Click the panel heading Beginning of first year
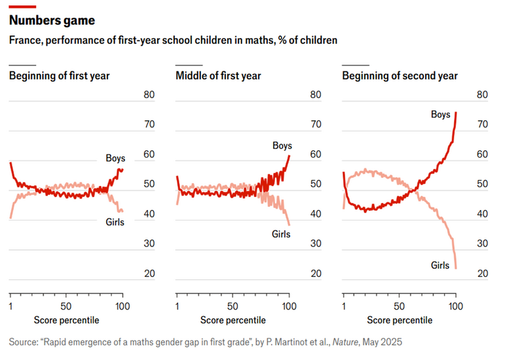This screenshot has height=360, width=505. tap(59, 76)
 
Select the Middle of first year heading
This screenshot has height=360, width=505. tap(218, 76)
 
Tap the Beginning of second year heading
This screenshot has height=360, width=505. tap(400, 76)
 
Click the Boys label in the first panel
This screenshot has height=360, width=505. tap(115, 158)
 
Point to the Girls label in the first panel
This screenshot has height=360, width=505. tap(115, 222)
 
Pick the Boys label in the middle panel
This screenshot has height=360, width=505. tap(282, 145)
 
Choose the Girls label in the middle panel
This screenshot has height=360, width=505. tap(282, 234)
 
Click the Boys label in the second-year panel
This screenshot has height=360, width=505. tap(441, 115)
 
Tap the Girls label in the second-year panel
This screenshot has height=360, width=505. tap(440, 265)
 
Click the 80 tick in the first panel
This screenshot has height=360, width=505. tap(149, 95)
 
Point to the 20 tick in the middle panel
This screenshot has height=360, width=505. tap(316, 274)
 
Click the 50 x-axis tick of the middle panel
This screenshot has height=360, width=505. tap(233, 306)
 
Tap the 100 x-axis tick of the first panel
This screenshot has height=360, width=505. tap(122, 306)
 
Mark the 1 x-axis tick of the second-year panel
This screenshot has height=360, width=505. tap(344, 306)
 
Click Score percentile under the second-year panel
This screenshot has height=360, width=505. tap(400, 320)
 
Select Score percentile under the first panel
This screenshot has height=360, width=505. tap(66, 320)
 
